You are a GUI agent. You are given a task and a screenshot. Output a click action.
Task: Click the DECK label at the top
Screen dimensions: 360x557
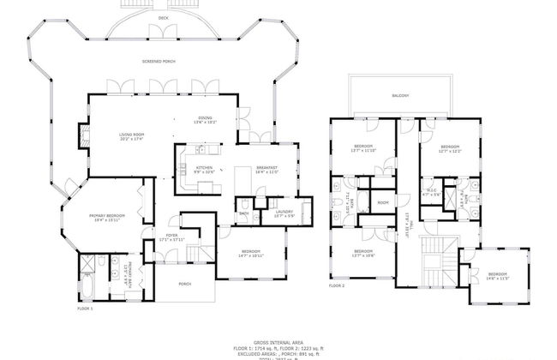pos(162,16)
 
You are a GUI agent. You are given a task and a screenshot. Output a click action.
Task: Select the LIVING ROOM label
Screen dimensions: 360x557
pos(131,135)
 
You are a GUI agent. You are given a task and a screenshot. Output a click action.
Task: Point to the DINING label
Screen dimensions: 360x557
pos(206,119)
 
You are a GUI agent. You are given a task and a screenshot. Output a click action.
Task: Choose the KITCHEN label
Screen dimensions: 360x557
pos(204,169)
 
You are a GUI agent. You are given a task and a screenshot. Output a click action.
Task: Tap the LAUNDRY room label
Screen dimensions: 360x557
pos(284,213)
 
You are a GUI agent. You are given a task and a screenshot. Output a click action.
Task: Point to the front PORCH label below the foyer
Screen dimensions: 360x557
pos(184,283)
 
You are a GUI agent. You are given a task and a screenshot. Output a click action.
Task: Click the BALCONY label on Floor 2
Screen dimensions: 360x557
pos(399,95)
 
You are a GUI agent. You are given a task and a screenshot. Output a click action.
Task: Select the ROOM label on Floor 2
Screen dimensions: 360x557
pos(382,202)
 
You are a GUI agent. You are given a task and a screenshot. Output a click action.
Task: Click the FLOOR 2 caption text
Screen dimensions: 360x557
pos(337,284)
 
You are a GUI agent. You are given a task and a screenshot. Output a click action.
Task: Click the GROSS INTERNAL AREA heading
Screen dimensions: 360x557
pos(278,341)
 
